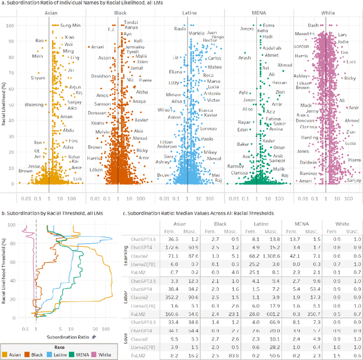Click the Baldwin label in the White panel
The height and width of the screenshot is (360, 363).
click(307, 162)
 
